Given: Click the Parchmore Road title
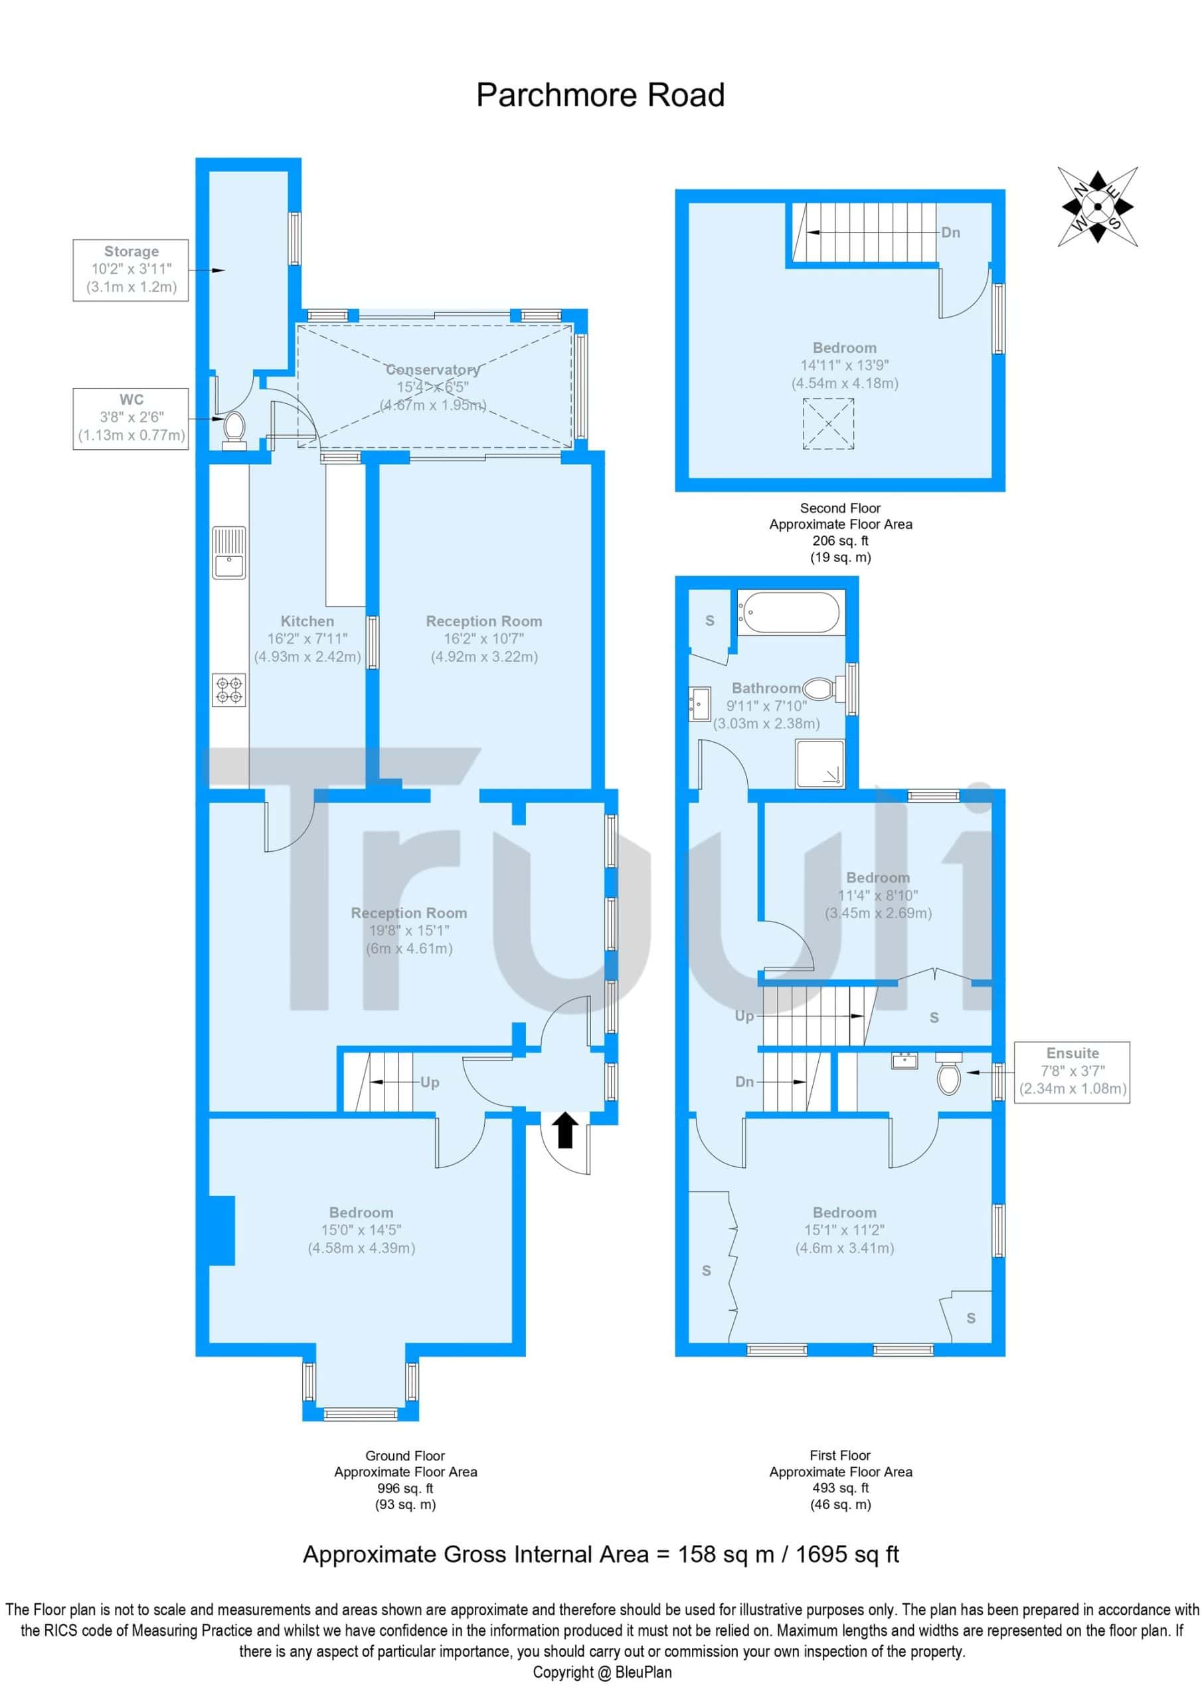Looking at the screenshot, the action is [x=600, y=96].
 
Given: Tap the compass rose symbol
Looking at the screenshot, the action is [x=1097, y=206].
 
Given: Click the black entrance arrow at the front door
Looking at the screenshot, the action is [x=565, y=1130].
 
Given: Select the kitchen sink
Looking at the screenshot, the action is [x=229, y=552].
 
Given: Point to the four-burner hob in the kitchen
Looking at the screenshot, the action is [x=229, y=690].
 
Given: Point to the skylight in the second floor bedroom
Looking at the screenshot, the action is [x=829, y=424].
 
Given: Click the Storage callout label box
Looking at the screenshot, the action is [x=130, y=270].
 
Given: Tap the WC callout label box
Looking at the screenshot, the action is [x=131, y=418].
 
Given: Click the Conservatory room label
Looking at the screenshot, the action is [x=432, y=369].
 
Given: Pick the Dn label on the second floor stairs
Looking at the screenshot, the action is [x=951, y=233].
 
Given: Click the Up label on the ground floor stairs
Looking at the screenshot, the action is [x=430, y=1082].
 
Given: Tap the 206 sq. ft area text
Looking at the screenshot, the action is [x=841, y=541].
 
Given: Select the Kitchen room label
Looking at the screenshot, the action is [x=307, y=621].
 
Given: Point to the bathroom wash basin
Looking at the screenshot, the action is [x=700, y=703].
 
